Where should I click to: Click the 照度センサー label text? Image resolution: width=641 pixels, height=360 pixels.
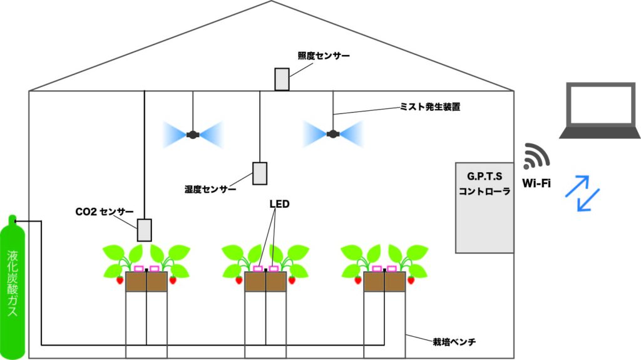click(x=324, y=56)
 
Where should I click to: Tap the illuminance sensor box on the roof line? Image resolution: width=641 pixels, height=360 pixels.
click(x=282, y=79)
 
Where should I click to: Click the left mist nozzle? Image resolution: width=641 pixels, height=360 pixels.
click(x=193, y=134)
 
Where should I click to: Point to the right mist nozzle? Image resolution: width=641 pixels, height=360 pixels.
click(x=333, y=133)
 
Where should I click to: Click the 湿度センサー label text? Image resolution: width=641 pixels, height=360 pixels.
click(x=210, y=188)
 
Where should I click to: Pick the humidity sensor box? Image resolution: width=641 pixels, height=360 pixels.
click(x=260, y=173)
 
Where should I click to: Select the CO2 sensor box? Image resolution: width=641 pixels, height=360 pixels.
click(x=145, y=230)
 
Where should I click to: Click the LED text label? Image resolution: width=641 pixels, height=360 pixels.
click(x=279, y=204)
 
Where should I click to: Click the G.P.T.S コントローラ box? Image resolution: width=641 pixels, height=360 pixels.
click(x=485, y=207)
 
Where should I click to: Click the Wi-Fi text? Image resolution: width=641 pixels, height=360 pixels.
click(x=535, y=185)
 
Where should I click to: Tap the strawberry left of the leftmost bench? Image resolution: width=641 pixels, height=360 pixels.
click(x=120, y=280)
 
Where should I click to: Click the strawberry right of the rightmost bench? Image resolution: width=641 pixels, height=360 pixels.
click(x=412, y=280)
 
